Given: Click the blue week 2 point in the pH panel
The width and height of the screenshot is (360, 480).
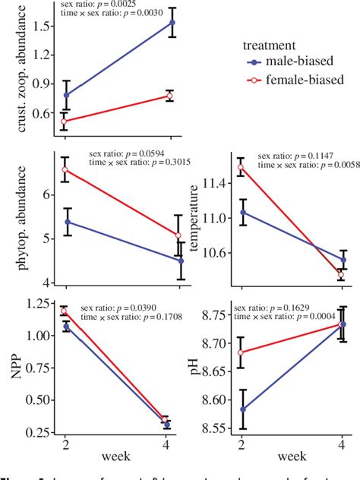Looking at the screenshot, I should pyautogui.click(x=242, y=409).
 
